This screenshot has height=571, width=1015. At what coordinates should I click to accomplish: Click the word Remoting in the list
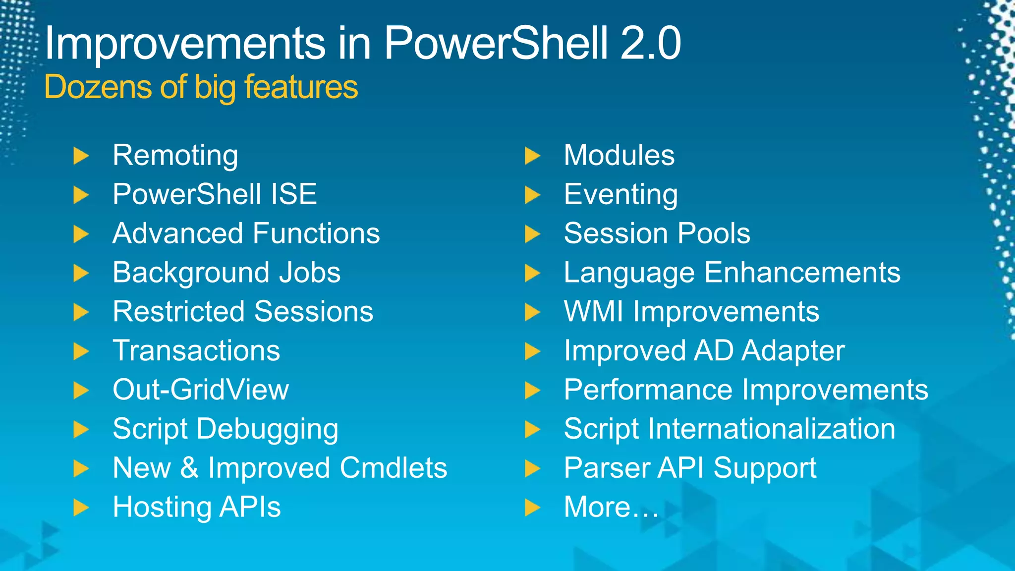(x=175, y=156)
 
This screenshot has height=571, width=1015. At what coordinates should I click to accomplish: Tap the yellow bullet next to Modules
(x=532, y=156)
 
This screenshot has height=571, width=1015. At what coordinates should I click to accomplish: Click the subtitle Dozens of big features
(x=201, y=87)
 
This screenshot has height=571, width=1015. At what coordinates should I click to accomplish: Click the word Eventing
(x=620, y=195)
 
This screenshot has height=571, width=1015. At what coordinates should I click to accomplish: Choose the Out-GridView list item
(x=200, y=390)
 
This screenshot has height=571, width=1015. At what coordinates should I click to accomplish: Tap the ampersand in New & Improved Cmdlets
(x=189, y=468)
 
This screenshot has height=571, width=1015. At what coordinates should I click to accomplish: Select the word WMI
(x=593, y=312)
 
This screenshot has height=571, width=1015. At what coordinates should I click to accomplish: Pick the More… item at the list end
(x=611, y=507)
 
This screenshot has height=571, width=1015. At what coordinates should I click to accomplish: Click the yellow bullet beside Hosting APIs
(x=81, y=508)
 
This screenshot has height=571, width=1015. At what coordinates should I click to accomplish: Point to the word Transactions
(x=196, y=351)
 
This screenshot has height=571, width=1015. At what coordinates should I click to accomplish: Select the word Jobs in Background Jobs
(x=309, y=273)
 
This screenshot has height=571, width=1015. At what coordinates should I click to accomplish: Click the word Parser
(x=607, y=468)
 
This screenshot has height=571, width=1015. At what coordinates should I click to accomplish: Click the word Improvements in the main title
(x=184, y=44)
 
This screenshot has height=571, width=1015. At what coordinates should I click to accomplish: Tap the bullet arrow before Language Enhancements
(x=532, y=273)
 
